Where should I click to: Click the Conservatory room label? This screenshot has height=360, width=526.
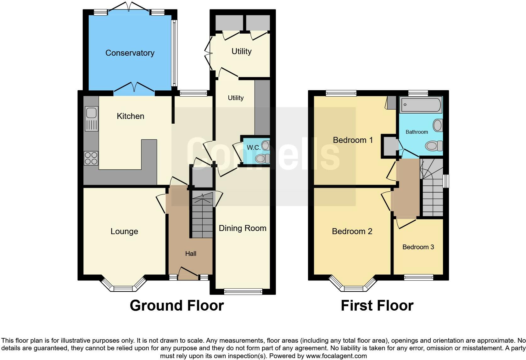pyautogui.click(x=130, y=53)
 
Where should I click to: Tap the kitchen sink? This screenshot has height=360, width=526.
pyautogui.click(x=92, y=119)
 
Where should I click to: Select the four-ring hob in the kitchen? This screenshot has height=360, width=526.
pyautogui.click(x=91, y=158)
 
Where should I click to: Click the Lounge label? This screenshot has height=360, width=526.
pyautogui.click(x=124, y=231)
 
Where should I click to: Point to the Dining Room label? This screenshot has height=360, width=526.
pyautogui.click(x=242, y=228)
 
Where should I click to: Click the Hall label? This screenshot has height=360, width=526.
pyautogui.click(x=191, y=254)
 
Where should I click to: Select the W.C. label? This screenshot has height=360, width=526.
pyautogui.click(x=253, y=148)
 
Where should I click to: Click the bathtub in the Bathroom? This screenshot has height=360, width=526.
pyautogui.click(x=421, y=105)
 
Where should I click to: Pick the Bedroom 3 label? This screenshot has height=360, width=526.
pyautogui.click(x=418, y=247)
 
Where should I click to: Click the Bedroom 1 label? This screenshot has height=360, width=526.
pyautogui.click(x=353, y=140)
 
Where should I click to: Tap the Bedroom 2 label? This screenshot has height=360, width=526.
pyautogui.click(x=352, y=231)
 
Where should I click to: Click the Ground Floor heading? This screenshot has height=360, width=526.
pyautogui.click(x=176, y=306)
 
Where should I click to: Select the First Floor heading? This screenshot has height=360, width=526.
pyautogui.click(x=377, y=306)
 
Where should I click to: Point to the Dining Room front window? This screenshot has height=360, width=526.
pyautogui.click(x=243, y=292)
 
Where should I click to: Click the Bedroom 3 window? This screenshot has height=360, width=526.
pyautogui.click(x=418, y=277)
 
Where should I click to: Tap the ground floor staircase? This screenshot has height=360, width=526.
pyautogui.click(x=202, y=217)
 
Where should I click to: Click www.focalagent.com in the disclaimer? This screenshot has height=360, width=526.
pyautogui.click(x=336, y=356)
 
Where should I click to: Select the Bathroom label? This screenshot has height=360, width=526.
pyautogui.click(x=417, y=132)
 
